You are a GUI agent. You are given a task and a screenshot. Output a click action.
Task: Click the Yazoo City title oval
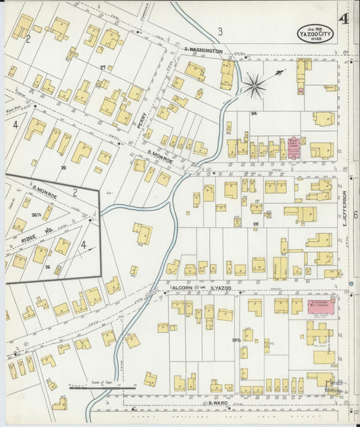click(315, 32)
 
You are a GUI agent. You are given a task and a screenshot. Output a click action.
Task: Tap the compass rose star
click(255, 85)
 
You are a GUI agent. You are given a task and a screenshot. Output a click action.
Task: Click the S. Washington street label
click(203, 51)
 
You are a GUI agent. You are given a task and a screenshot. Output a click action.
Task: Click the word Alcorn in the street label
click(182, 288)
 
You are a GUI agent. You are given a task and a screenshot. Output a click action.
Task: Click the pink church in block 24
click(294, 149)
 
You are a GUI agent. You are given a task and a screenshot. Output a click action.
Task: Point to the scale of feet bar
click(101, 388)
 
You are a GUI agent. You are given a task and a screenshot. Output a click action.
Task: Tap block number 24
click(254, 113)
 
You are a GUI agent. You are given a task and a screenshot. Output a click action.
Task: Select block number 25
click(255, 223)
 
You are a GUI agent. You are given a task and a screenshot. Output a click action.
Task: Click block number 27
click(103, 67)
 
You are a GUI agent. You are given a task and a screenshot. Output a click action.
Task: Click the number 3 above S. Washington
click(220, 31)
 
